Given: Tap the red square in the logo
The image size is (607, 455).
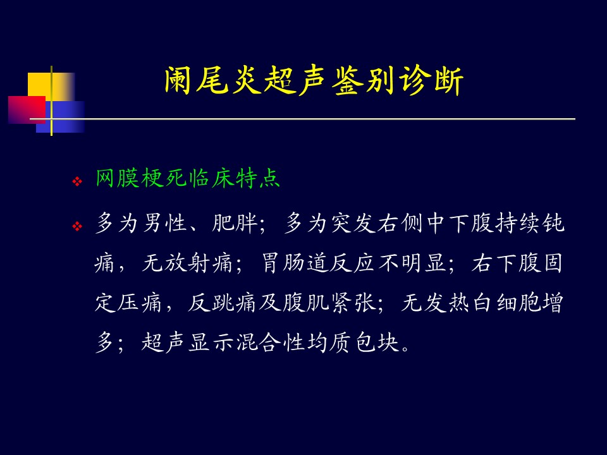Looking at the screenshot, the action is coord(27,110).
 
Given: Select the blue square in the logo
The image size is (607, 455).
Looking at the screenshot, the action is coord(61,117).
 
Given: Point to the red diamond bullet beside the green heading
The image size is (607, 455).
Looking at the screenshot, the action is coord(77,181).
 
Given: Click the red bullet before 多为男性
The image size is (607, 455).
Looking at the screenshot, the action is coord(77,226).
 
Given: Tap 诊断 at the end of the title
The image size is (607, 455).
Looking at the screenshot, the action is coord(431,80).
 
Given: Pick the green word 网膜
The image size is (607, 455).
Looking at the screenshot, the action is coord(118,178).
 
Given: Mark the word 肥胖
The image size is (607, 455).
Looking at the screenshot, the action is coord(235,223).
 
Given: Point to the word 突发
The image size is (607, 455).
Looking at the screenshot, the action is coord(354,223).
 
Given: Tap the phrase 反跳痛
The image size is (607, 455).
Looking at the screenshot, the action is coord(222,303).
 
